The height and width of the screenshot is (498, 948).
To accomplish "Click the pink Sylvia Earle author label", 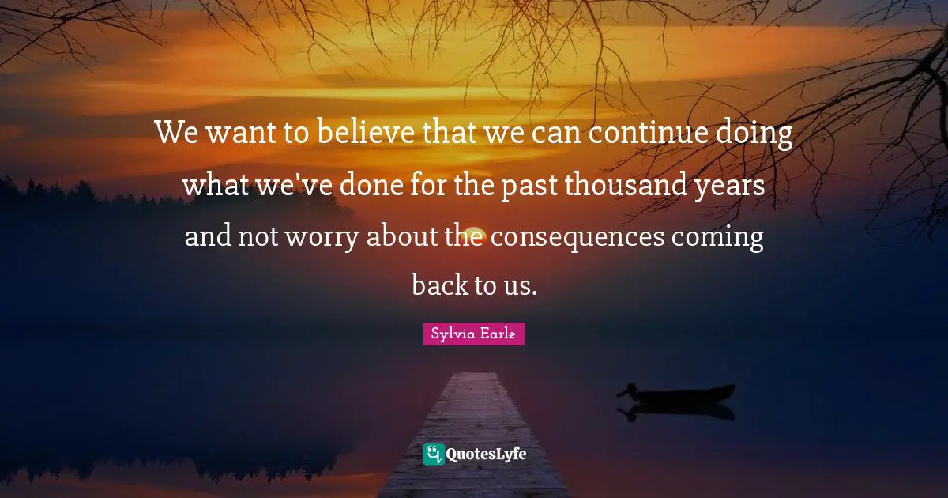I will tap(473, 334).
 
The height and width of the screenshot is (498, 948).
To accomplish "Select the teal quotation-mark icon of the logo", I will tap(433, 454).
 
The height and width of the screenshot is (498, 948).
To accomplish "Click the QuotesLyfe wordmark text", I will tap(486, 455).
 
